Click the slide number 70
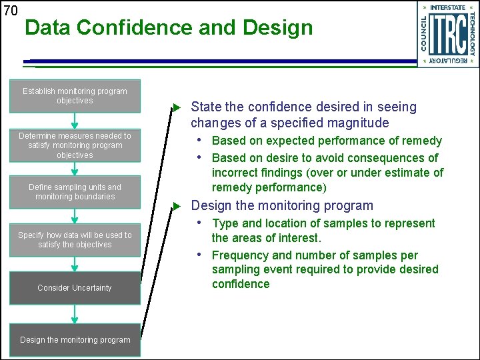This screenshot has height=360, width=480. (10, 10)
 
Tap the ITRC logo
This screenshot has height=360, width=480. (448, 34)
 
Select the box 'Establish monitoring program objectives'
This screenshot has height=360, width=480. (75, 96)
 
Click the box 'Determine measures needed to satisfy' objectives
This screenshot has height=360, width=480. (75, 145)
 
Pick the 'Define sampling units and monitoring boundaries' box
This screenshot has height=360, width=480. (75, 192)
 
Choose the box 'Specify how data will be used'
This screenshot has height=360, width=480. (75, 240)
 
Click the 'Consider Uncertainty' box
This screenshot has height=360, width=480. (75, 288)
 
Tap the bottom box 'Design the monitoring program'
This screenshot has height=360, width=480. (75, 340)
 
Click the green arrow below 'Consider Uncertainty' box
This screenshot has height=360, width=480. (75, 314)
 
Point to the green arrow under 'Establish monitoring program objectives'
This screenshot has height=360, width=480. (75, 121)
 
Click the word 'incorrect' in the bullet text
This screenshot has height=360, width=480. (235, 173)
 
